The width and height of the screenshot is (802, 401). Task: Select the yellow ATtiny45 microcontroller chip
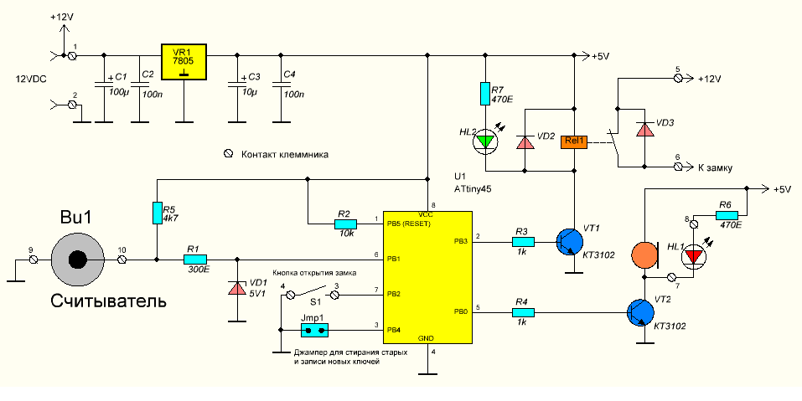click(427, 276)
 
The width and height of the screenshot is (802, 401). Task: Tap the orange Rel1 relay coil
click(575, 141)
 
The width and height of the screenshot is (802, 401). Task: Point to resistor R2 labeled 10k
click(344, 224)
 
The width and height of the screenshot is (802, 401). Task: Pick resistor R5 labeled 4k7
click(157, 213)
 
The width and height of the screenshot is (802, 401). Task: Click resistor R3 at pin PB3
click(523, 242)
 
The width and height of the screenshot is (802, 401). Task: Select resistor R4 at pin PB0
click(523, 313)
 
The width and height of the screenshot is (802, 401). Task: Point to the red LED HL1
click(692, 256)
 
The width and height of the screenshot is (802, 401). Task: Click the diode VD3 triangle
click(644, 130)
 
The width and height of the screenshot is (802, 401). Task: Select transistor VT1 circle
click(570, 242)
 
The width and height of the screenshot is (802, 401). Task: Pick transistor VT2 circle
click(641, 313)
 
